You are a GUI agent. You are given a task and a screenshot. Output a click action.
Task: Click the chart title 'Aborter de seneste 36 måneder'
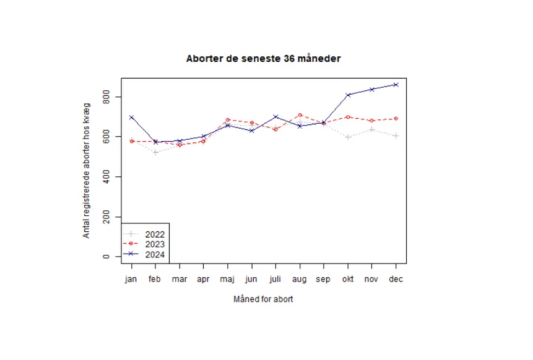coord(263,59)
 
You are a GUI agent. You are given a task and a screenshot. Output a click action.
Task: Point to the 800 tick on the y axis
coord(106,97)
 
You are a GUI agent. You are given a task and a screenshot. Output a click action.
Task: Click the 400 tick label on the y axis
coord(106,177)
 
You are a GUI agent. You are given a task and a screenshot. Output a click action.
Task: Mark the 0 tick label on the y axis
coord(106,257)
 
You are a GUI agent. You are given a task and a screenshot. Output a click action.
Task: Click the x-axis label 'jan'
coord(131,280)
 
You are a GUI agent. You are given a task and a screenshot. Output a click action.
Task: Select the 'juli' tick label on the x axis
coord(275,280)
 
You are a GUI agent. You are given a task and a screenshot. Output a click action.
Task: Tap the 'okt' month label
coord(348,280)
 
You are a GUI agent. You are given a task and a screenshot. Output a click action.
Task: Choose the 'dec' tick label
coord(396,280)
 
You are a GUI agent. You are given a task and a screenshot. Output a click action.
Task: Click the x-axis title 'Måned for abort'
coord(263,299)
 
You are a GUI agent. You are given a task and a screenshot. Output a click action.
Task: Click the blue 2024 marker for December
coord(396,85)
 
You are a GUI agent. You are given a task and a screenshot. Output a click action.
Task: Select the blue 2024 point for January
coord(131,118)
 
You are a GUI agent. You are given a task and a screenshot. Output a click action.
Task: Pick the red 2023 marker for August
coord(300,115)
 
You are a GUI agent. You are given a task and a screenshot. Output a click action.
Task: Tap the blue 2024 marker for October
coord(348,95)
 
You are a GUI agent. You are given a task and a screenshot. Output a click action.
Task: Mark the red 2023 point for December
coord(396,119)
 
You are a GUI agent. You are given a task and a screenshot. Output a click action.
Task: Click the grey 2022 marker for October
coord(348,137)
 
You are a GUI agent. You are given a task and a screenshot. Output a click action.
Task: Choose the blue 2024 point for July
coord(275,117)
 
